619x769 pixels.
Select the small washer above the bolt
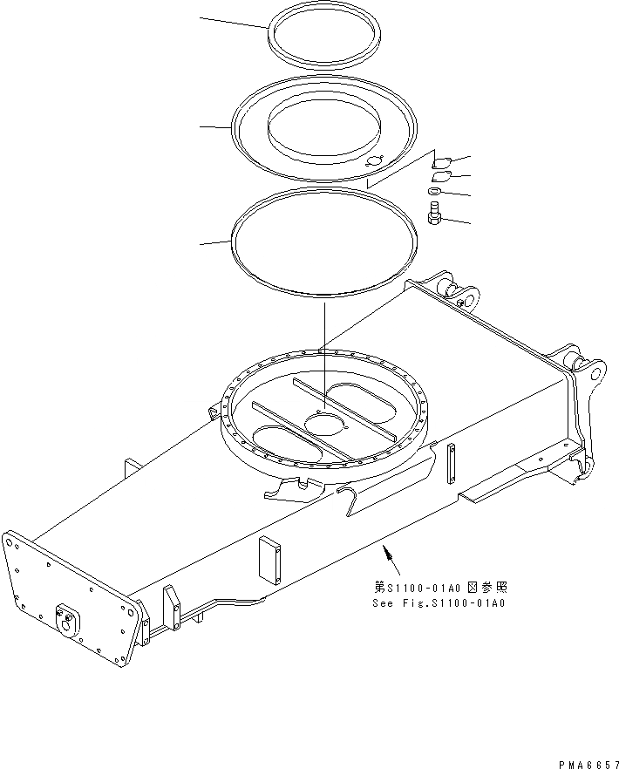coord(434,191)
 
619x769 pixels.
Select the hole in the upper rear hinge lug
coord(470,300)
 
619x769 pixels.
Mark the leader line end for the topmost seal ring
coord(201,17)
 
